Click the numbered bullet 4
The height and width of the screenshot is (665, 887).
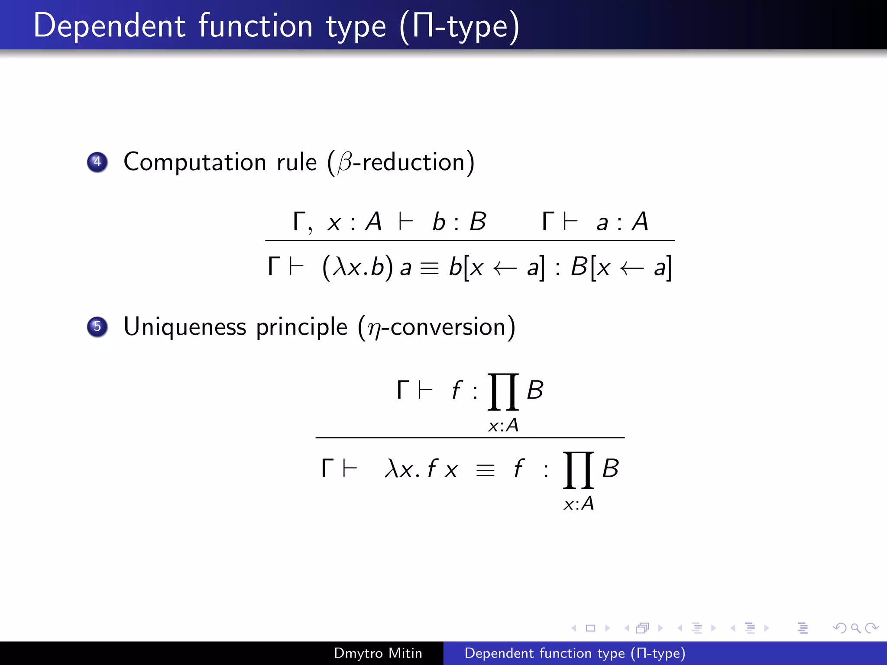coord(97,162)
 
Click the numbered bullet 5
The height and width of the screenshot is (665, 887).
coord(97,326)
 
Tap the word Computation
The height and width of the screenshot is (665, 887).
coord(194,162)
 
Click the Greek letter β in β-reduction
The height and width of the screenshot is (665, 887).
coord(345,163)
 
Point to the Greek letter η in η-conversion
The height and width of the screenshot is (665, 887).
coord(374,329)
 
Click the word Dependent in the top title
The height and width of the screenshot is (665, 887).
coord(110,26)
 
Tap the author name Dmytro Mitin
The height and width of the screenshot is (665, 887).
coord(378,653)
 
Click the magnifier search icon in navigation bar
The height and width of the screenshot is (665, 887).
coord(855,628)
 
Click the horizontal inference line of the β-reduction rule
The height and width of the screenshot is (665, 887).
coord(470,240)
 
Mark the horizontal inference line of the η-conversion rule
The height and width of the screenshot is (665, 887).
coord(470,438)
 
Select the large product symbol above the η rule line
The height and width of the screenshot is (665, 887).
coord(503,391)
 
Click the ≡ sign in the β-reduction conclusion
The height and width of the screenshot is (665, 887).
coord(429,268)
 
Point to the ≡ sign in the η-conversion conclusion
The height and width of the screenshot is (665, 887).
coord(485,470)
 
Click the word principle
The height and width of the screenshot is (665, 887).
coord(301,327)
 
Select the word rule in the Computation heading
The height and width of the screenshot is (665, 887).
coord(297,162)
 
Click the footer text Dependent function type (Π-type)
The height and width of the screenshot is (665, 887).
coord(575,653)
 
